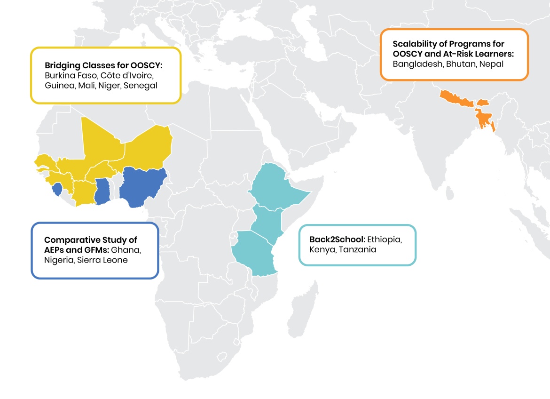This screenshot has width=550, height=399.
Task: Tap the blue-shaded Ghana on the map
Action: click(102, 191)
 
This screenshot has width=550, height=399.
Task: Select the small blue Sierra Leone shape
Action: click(57, 190)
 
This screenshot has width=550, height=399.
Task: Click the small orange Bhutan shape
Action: click(483, 102)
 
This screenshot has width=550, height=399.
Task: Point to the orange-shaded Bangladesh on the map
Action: click(484, 119)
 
